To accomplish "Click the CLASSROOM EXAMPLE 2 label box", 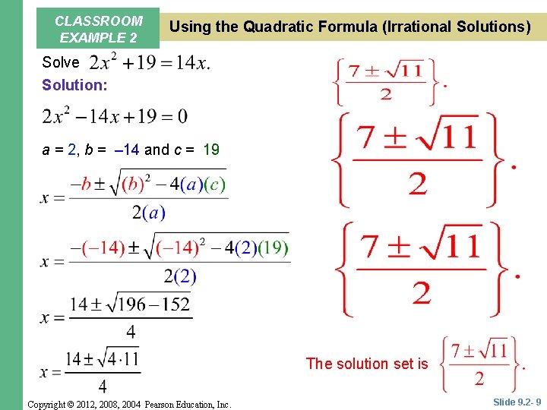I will point(99,29).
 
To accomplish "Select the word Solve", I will point(61,62).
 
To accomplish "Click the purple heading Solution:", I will point(74,85).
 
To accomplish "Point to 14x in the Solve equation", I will point(191,63).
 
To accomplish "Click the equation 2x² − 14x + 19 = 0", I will point(115,117).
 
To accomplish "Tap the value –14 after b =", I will point(125,150).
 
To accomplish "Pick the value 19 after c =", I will point(211,150).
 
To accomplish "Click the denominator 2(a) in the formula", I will point(148,213).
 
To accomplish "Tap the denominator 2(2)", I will point(179,276).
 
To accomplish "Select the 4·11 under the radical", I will point(121,359).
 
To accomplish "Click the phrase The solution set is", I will point(367,364).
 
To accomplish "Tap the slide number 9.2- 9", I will point(517,401).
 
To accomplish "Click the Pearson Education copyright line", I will point(128,405).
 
